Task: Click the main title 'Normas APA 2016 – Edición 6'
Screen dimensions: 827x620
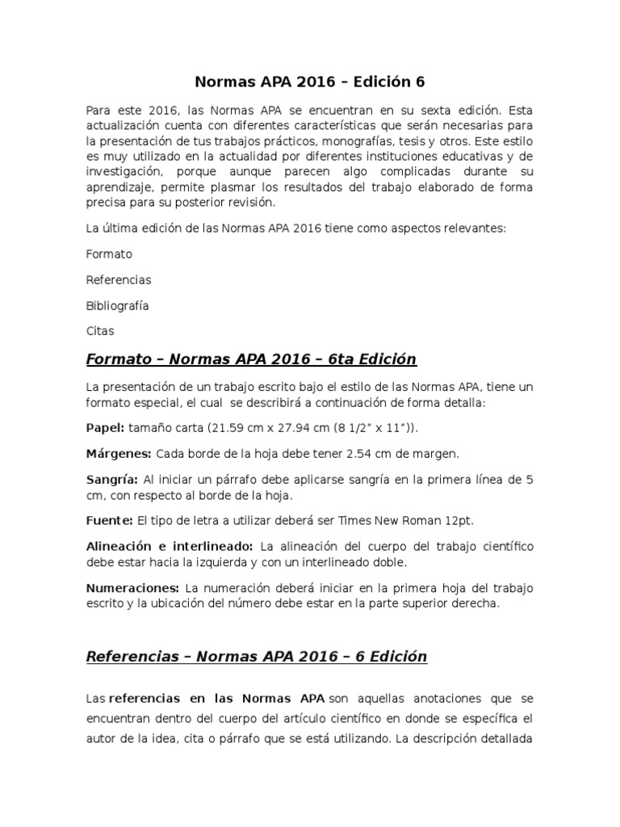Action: pyautogui.click(x=310, y=82)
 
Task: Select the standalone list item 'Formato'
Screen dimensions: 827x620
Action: pyautogui.click(x=109, y=254)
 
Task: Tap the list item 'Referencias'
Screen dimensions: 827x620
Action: pyautogui.click(x=119, y=279)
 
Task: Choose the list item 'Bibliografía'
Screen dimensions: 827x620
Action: pyautogui.click(x=117, y=305)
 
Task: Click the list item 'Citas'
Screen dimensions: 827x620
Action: pyautogui.click(x=100, y=331)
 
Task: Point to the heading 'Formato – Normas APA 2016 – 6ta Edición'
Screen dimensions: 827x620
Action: pyautogui.click(x=251, y=359)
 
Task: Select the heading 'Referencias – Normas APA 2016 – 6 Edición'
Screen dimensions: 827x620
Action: pyautogui.click(x=257, y=657)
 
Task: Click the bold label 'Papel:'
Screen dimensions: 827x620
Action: pyautogui.click(x=105, y=427)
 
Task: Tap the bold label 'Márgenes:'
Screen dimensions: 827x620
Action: pyautogui.click(x=119, y=453)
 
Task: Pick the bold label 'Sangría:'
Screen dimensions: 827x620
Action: pyautogui.click(x=111, y=479)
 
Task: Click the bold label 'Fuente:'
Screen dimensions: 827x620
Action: pyautogui.click(x=110, y=520)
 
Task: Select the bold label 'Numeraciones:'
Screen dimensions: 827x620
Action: pyautogui.click(x=132, y=587)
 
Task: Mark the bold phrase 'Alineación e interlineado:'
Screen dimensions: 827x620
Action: pyautogui.click(x=170, y=547)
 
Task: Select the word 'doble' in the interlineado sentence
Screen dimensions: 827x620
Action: pyautogui.click(x=389, y=561)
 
